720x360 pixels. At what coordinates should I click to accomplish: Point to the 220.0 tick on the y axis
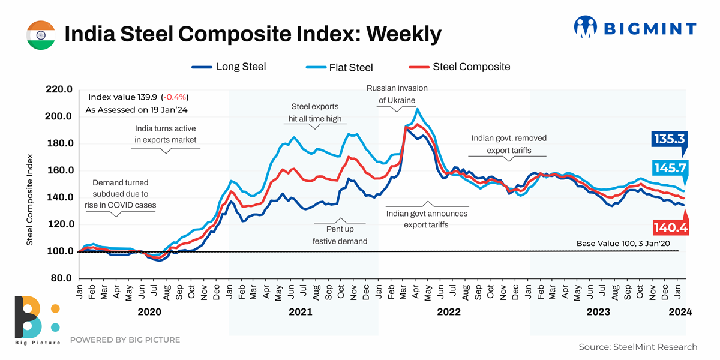point(59,89)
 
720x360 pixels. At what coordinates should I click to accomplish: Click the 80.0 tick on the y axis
point(61,278)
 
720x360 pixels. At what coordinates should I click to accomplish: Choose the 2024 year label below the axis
point(680,312)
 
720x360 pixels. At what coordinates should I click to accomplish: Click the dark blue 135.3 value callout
point(668,139)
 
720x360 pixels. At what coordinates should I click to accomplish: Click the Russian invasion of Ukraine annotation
point(397,94)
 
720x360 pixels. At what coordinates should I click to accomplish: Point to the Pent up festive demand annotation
point(340,235)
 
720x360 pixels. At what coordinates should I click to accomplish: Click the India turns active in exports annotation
point(165,134)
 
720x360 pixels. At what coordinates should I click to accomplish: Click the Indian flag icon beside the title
point(41,35)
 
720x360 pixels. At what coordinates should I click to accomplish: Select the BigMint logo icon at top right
point(586,28)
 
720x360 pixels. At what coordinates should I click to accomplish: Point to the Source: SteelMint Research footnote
point(638,347)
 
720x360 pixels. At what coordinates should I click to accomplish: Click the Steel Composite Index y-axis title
point(29,200)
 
